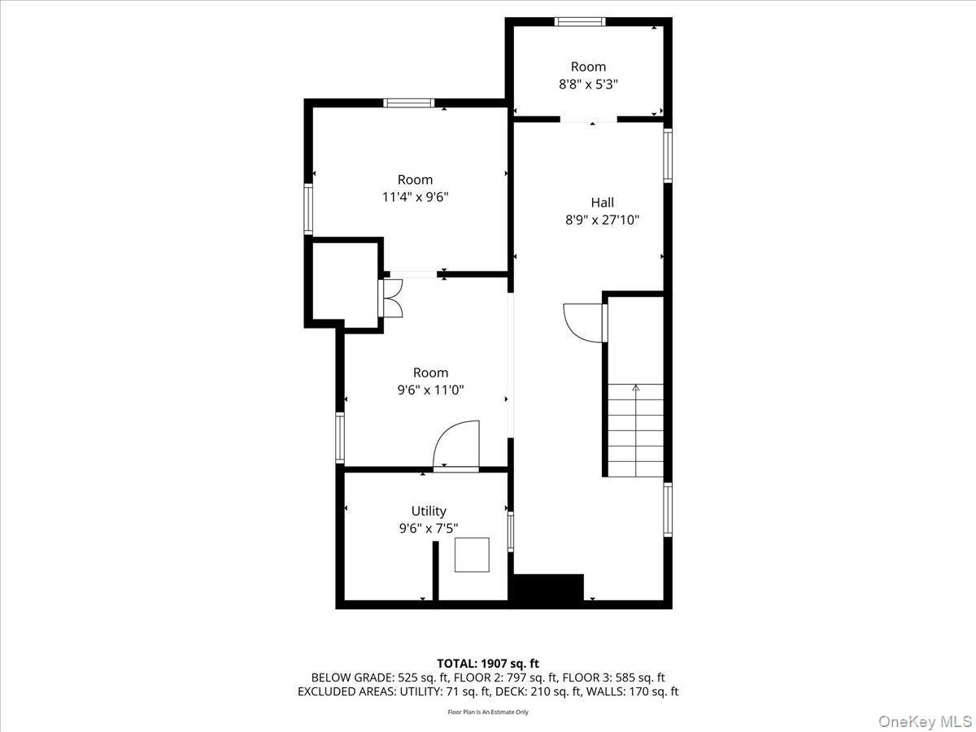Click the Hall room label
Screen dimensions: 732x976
[x=602, y=203]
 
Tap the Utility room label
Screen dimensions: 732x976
[x=428, y=511]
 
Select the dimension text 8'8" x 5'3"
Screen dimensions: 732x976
[x=588, y=84]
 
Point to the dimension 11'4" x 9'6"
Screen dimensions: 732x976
[x=415, y=197]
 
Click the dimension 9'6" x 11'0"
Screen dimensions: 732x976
[x=430, y=390]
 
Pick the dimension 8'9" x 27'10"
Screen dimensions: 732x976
[x=602, y=220]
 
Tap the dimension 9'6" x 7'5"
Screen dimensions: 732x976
[x=428, y=528]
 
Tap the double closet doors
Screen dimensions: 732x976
[x=391, y=298]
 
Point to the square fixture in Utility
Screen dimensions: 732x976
[x=472, y=555]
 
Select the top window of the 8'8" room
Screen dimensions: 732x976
[x=580, y=22]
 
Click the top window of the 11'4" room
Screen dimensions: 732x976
[x=408, y=103]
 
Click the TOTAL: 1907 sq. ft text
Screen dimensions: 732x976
[x=488, y=664]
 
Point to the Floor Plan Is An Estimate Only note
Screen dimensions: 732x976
[x=488, y=712]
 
